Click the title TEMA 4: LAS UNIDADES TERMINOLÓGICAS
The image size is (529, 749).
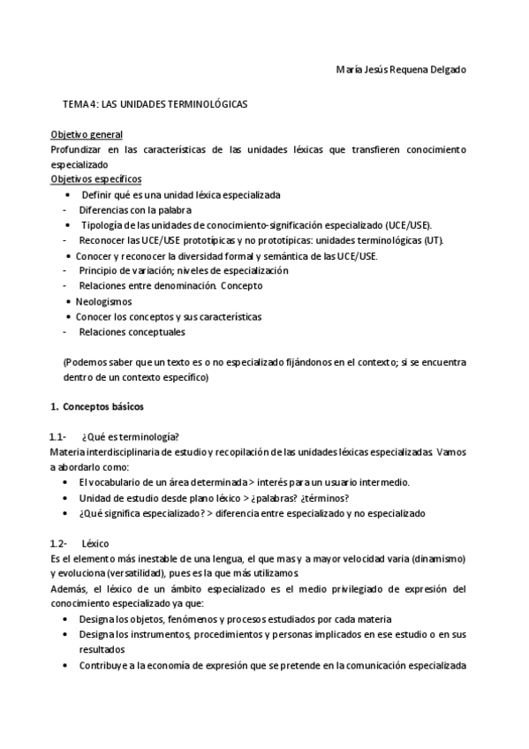pyautogui.click(x=155, y=103)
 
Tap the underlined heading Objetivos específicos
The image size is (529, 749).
pyautogui.click(x=95, y=179)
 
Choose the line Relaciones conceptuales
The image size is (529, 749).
pyautogui.click(x=132, y=332)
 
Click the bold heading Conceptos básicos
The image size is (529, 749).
pyautogui.click(x=103, y=407)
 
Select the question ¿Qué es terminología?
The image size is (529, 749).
pyautogui.click(x=130, y=437)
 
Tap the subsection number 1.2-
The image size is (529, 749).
pyautogui.click(x=59, y=544)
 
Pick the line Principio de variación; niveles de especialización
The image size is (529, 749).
pyautogui.click(x=183, y=270)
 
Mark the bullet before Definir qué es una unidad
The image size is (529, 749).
pyautogui.click(x=70, y=194)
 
